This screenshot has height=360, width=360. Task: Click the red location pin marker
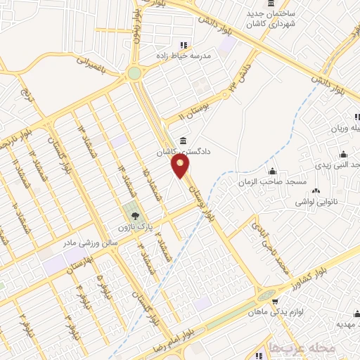tap(181, 166)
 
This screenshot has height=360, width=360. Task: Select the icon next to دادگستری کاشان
tap(184, 139)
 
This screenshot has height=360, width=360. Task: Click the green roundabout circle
tap(134, 72)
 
